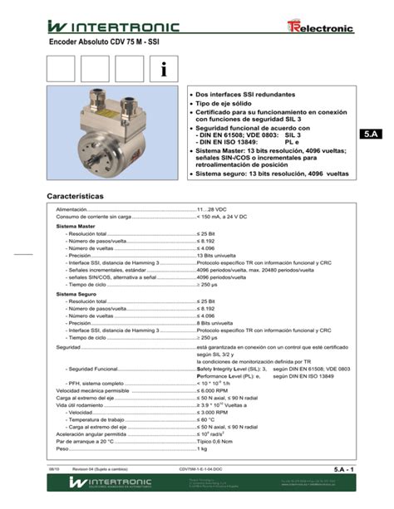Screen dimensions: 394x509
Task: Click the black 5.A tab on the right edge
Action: [370, 135]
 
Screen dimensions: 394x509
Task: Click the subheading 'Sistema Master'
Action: [75, 227]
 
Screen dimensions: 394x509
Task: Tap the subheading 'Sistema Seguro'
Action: [76, 294]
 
